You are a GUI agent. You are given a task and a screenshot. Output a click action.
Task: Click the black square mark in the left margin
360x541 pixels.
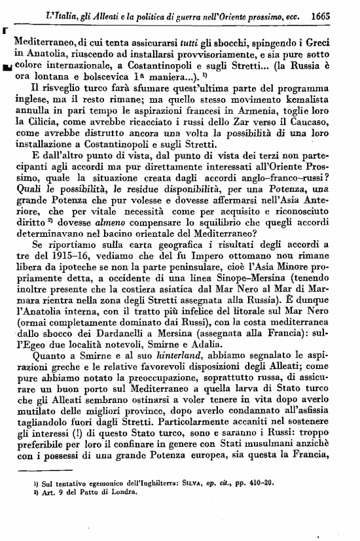point(6,66)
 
